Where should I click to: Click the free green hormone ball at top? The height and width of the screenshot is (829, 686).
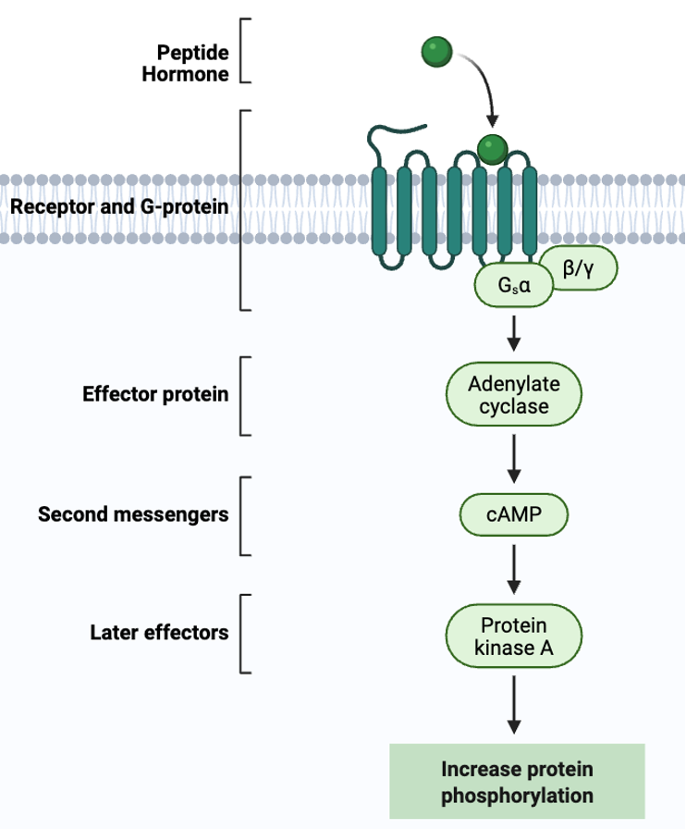435,52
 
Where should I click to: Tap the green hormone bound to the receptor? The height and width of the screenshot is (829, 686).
492,147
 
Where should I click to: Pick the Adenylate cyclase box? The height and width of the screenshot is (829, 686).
513,394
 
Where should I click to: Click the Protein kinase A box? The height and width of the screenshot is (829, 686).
513,636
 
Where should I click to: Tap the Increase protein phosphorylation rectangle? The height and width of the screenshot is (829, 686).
517,781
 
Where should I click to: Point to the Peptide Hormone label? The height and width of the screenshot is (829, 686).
185,63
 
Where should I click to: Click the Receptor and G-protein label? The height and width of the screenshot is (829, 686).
119,207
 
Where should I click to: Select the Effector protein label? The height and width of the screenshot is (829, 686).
155,394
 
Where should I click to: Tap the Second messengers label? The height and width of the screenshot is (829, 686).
133,514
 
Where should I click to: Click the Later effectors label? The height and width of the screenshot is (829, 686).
159,634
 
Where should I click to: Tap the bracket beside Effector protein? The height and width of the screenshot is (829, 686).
243,394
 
